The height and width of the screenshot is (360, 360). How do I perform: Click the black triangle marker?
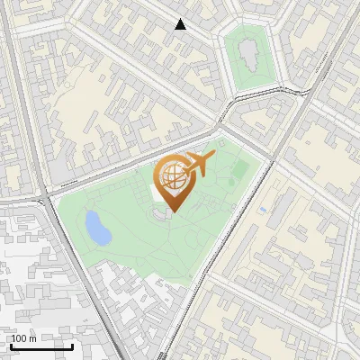point(181,24)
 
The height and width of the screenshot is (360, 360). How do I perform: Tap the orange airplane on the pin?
point(198,165)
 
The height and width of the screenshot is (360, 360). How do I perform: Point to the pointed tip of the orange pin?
point(172,211)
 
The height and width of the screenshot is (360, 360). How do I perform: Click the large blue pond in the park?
point(96,227)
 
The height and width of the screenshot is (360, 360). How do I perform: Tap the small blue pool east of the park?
point(262,211)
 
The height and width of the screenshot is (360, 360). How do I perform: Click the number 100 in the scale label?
point(20,338)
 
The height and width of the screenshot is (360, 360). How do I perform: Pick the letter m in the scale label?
point(33,338)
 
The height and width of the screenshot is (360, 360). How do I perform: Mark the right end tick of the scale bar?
point(73,346)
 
